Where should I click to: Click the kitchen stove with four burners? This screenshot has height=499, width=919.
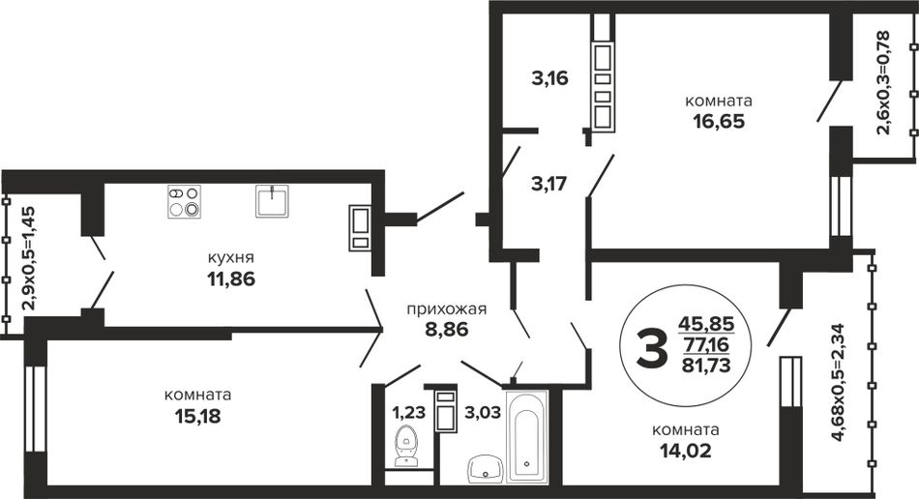tap(184, 201)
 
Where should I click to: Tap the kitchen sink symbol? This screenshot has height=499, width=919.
tap(272, 201)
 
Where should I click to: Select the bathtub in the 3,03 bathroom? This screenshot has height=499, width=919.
tap(527, 436)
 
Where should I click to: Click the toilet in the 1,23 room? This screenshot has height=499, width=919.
tap(405, 446)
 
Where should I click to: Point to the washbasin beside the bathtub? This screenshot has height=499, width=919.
tap(486, 469)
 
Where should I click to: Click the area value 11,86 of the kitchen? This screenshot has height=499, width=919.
tap(231, 279)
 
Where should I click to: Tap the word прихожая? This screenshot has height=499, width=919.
tap(447, 308)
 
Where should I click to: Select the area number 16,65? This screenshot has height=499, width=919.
tap(719, 121)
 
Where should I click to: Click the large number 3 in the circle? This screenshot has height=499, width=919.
tap(651, 347)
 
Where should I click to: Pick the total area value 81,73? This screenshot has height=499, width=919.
tap(706, 366)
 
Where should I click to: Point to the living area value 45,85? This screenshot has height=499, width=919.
tap(706, 323)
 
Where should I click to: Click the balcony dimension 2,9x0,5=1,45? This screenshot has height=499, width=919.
tap(27, 258)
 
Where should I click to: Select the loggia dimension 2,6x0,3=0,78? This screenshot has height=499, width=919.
tap(884, 82)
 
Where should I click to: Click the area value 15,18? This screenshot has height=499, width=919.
tap(198, 417)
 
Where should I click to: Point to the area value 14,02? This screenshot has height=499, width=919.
tap(686, 451)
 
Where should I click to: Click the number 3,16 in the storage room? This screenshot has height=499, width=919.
tap(549, 78)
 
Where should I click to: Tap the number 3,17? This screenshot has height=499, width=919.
tap(549, 184)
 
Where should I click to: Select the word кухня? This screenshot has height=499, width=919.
tap(231, 258)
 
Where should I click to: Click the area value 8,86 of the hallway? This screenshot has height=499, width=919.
tap(447, 329)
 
